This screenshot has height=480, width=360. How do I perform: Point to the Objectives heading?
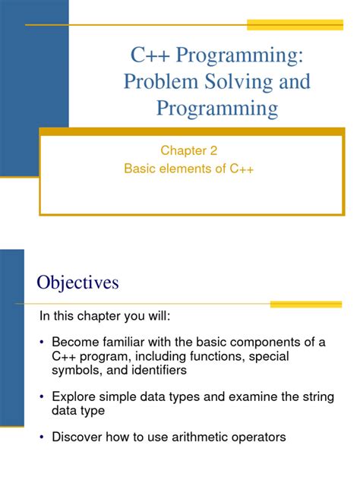point(78,283)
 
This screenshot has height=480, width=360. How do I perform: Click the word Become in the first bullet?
point(75,343)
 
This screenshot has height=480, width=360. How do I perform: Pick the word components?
point(262,343)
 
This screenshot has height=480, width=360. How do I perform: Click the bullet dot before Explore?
point(43,396)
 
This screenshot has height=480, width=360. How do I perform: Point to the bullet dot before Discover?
point(43,436)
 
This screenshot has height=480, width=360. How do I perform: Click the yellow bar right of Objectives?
point(306,304)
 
